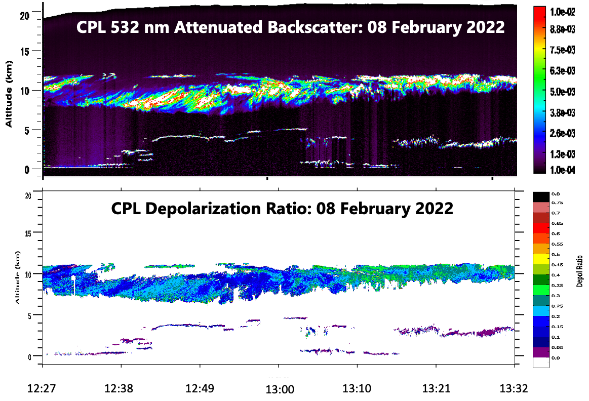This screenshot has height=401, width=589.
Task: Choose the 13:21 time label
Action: (x=436, y=389)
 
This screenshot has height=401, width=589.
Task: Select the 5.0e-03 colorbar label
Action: (x=562, y=91)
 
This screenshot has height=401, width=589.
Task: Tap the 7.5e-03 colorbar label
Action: (x=562, y=50)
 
